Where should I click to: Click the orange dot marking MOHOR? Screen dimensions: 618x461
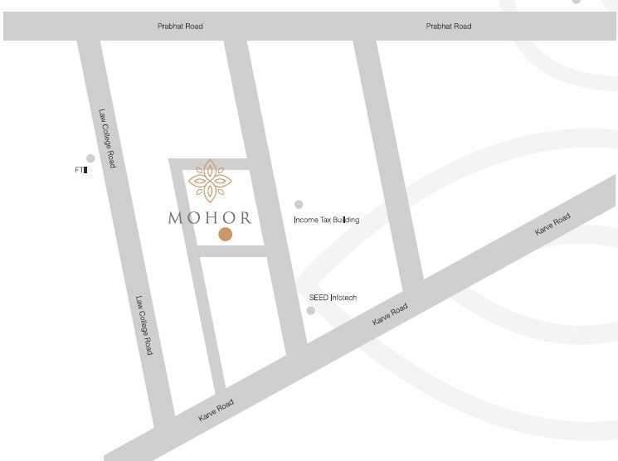pos(225,235)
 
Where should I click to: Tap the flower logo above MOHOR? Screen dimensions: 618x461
pos(209,181)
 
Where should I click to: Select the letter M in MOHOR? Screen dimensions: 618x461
pos(175,219)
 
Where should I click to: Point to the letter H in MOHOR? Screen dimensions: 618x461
pos(209,219)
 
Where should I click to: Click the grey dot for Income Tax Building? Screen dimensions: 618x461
pos(299,204)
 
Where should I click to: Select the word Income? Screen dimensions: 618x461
pos(306,220)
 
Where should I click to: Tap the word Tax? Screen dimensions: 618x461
pos(324,220)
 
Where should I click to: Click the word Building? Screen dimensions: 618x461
pos(345,220)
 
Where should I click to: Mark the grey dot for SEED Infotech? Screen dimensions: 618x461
pos(311,311)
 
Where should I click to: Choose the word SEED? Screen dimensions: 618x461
pos(319,297)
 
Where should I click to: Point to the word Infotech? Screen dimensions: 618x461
pos(343,297)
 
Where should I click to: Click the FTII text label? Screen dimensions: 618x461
pos(81,170)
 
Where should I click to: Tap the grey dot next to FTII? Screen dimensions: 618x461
pos(90,158)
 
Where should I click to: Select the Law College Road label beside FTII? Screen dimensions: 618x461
pos(108,138)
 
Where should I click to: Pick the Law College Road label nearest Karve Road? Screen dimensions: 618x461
pos(144,326)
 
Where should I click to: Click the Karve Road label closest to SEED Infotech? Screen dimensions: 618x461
pos(390,314)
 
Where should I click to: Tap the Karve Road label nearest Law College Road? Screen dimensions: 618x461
pos(216,410)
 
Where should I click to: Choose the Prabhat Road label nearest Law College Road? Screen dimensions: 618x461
pos(180,27)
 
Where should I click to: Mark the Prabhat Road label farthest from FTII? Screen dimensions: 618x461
pos(449,27)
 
